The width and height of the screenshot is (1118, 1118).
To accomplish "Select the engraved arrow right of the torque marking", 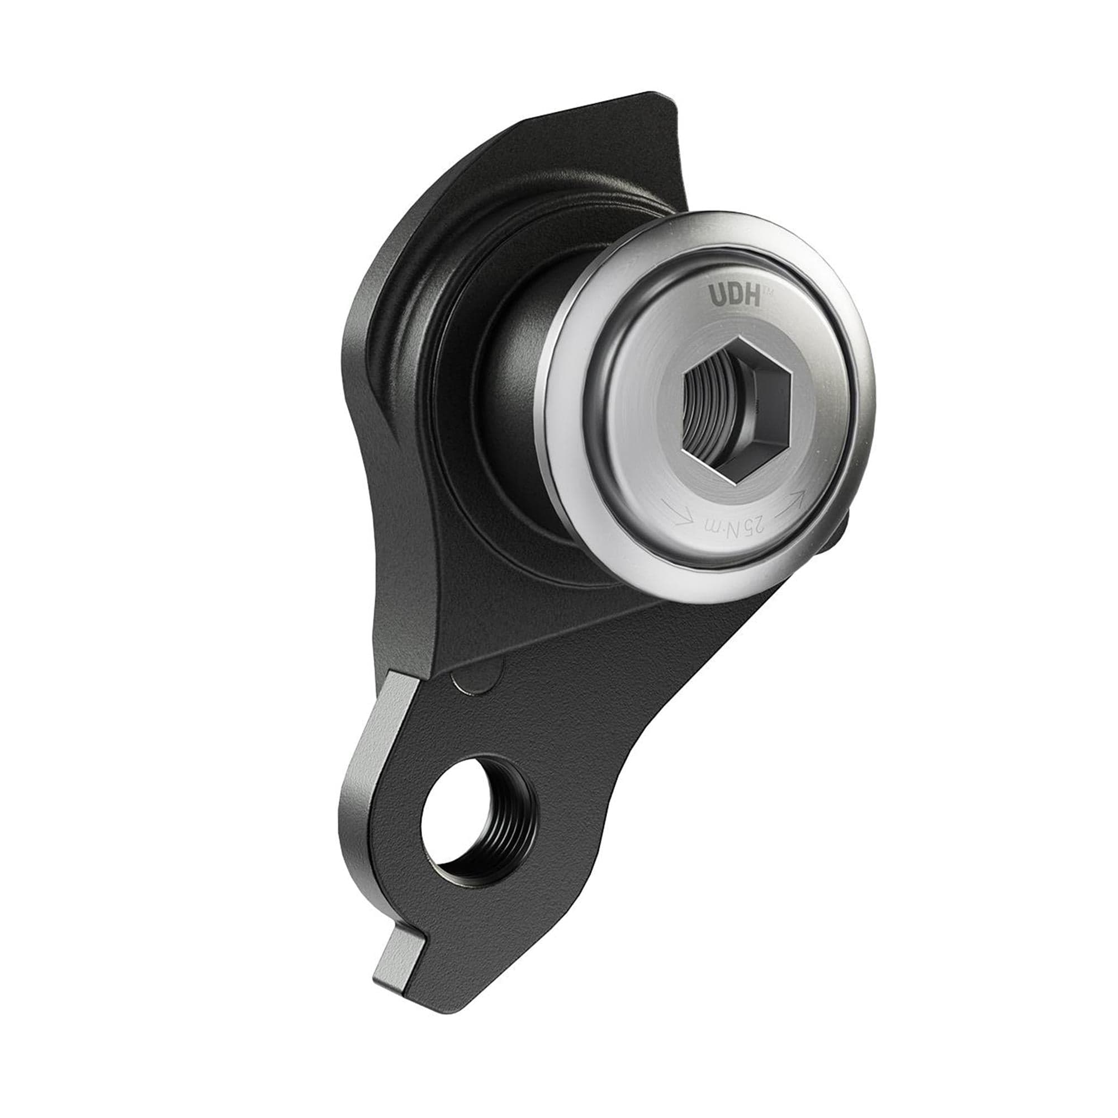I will (794, 499).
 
